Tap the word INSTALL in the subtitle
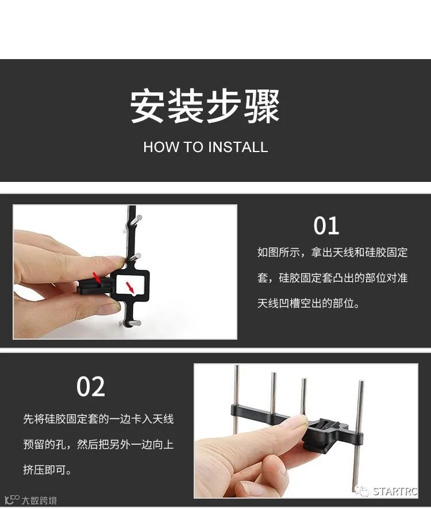click(x=238, y=147)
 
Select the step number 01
click(x=326, y=226)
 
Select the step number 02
click(x=91, y=386)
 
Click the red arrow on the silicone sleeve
click(x=97, y=277)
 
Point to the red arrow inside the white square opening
click(x=130, y=287)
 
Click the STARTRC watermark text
click(x=395, y=491)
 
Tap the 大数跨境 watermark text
click(x=39, y=500)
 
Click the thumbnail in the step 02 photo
click(x=298, y=422)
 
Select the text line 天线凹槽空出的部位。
click(x=309, y=303)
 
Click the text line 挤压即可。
click(x=47, y=469)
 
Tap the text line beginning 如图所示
click(x=333, y=252)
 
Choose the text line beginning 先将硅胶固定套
click(x=98, y=419)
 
